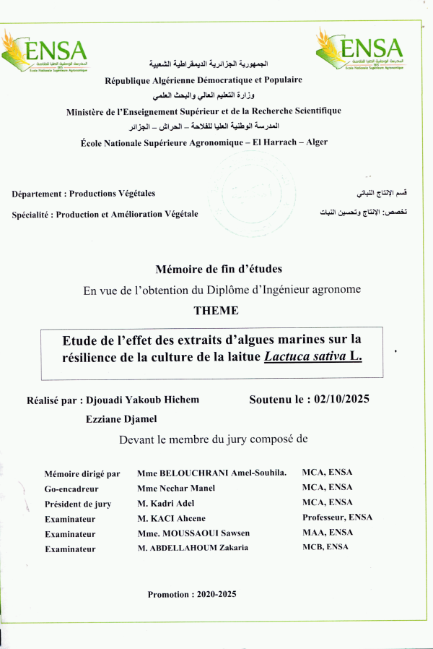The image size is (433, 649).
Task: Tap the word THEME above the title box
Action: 216,311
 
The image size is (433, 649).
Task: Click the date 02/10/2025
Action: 337,399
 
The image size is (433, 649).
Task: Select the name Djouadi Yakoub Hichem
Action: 142,400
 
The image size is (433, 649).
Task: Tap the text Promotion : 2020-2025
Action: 192,594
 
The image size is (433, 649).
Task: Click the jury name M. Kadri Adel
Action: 165,503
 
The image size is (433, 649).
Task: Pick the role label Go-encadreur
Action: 71,489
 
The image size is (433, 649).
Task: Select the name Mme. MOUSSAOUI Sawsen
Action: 193,533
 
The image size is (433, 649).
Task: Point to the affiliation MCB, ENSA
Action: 325,547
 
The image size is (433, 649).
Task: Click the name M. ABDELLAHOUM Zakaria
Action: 193,548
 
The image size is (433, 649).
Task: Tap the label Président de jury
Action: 78,504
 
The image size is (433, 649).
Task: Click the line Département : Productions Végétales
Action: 84,194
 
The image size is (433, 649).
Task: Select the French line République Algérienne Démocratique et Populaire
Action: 204,80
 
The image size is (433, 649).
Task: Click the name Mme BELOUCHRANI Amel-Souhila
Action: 212,473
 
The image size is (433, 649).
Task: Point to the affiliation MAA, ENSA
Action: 326,533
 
